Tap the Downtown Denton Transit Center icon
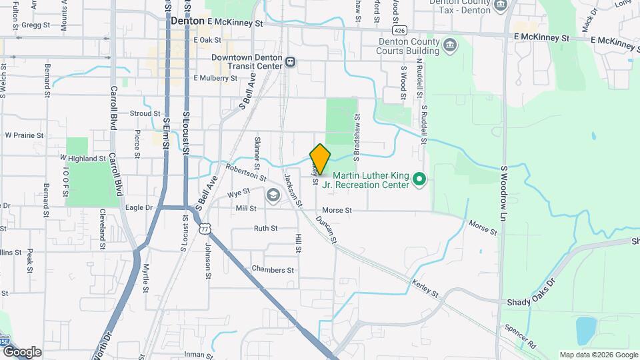pyautogui.click(x=291, y=61)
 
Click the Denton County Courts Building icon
pyautogui.click(x=451, y=45)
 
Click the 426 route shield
pyautogui.click(x=399, y=31)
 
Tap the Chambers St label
pyautogui.click(x=273, y=269)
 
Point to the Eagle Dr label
pyautogui.click(x=139, y=208)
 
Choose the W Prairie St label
pyautogui.click(x=24, y=135)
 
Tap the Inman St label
pyautogui.click(x=198, y=354)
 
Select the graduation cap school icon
pyautogui.click(x=273, y=195)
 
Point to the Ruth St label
pyautogui.click(x=265, y=228)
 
